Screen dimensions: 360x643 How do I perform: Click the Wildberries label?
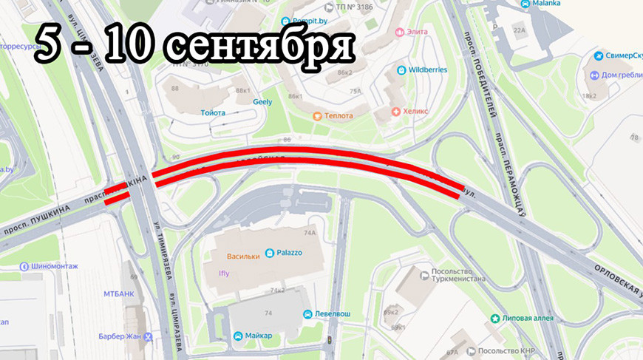click(x=428, y=70)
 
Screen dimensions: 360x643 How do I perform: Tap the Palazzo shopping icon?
click(x=269, y=253)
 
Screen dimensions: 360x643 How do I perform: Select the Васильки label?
click(x=242, y=257)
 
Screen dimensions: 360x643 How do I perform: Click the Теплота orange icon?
click(x=317, y=116)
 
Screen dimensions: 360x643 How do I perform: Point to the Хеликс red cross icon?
click(x=396, y=112)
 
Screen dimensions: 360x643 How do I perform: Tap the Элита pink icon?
click(x=400, y=32)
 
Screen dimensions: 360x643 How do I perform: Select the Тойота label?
click(x=212, y=113)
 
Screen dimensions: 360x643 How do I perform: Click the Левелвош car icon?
click(x=307, y=313)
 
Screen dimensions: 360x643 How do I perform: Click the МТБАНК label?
click(x=118, y=293)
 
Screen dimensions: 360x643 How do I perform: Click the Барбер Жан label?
click(x=121, y=336)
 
